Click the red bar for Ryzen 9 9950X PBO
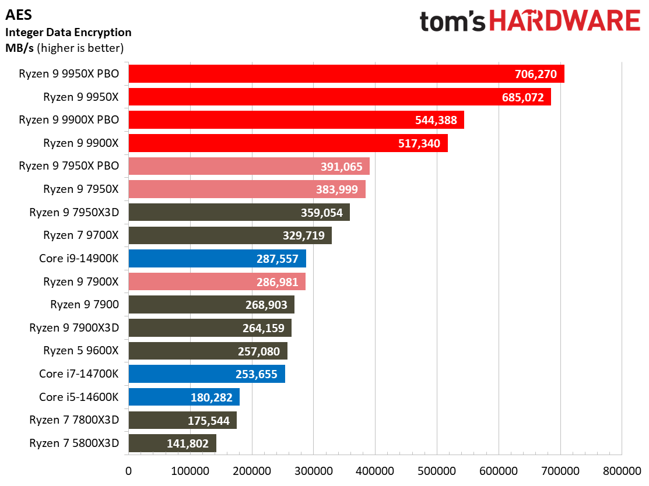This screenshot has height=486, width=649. pyautogui.click(x=346, y=73)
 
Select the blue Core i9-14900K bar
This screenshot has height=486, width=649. pyautogui.click(x=217, y=259)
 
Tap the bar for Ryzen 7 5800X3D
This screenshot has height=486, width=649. pyautogui.click(x=173, y=443)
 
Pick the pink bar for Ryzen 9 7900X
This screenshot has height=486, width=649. pyautogui.click(x=217, y=281)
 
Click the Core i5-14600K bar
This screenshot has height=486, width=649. pyautogui.click(x=184, y=397)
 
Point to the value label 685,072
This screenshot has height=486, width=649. pyautogui.click(x=523, y=97)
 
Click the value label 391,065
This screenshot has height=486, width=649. pyautogui.click(x=342, y=167)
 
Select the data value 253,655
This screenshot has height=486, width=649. pyautogui.click(x=257, y=374)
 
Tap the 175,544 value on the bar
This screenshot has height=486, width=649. pyautogui.click(x=209, y=421)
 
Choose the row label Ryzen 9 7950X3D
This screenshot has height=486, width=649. pyautogui.click(x=74, y=212)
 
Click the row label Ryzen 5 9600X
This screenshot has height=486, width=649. pyautogui.click(x=81, y=351)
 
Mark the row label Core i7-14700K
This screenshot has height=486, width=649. pyautogui.click(x=79, y=374)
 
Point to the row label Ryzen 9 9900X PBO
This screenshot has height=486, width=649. pyautogui.click(x=69, y=120)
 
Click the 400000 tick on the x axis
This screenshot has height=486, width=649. pyautogui.click(x=375, y=471)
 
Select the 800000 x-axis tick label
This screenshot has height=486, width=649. pyautogui.click(x=622, y=471)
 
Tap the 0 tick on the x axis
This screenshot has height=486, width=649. pyautogui.click(x=128, y=471)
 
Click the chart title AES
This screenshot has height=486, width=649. pyautogui.click(x=19, y=15)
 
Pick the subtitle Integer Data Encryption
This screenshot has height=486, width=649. pyautogui.click(x=68, y=32)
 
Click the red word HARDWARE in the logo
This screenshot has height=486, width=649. pyautogui.click(x=565, y=20)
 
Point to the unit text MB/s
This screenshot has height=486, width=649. pyautogui.click(x=19, y=48)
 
